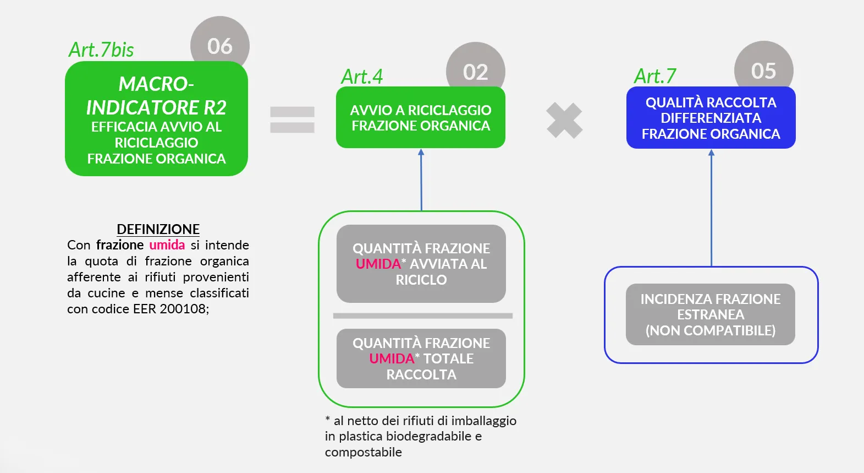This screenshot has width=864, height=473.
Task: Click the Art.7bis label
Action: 101,50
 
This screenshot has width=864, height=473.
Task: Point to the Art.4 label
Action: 362,77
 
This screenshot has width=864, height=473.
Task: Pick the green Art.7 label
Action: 655,76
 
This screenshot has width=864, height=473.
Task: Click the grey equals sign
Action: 292,119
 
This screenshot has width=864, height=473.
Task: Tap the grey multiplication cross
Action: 564,121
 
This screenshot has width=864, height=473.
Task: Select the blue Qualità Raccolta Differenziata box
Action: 711,118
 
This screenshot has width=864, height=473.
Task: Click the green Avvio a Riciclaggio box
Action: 420,118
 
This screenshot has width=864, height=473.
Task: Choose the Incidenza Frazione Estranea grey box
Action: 710,314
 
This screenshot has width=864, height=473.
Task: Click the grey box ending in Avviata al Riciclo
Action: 421,264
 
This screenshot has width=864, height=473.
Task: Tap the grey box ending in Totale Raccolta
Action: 421,358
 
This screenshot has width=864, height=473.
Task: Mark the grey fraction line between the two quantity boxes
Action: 422,316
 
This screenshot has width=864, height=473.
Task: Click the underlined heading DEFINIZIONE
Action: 158,229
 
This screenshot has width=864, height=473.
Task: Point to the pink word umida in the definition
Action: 167,245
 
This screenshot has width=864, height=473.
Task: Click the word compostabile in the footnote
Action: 363,452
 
